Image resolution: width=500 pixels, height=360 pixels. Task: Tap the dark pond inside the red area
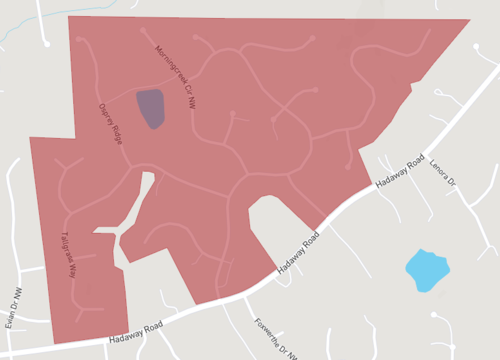[x=150, y=108]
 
